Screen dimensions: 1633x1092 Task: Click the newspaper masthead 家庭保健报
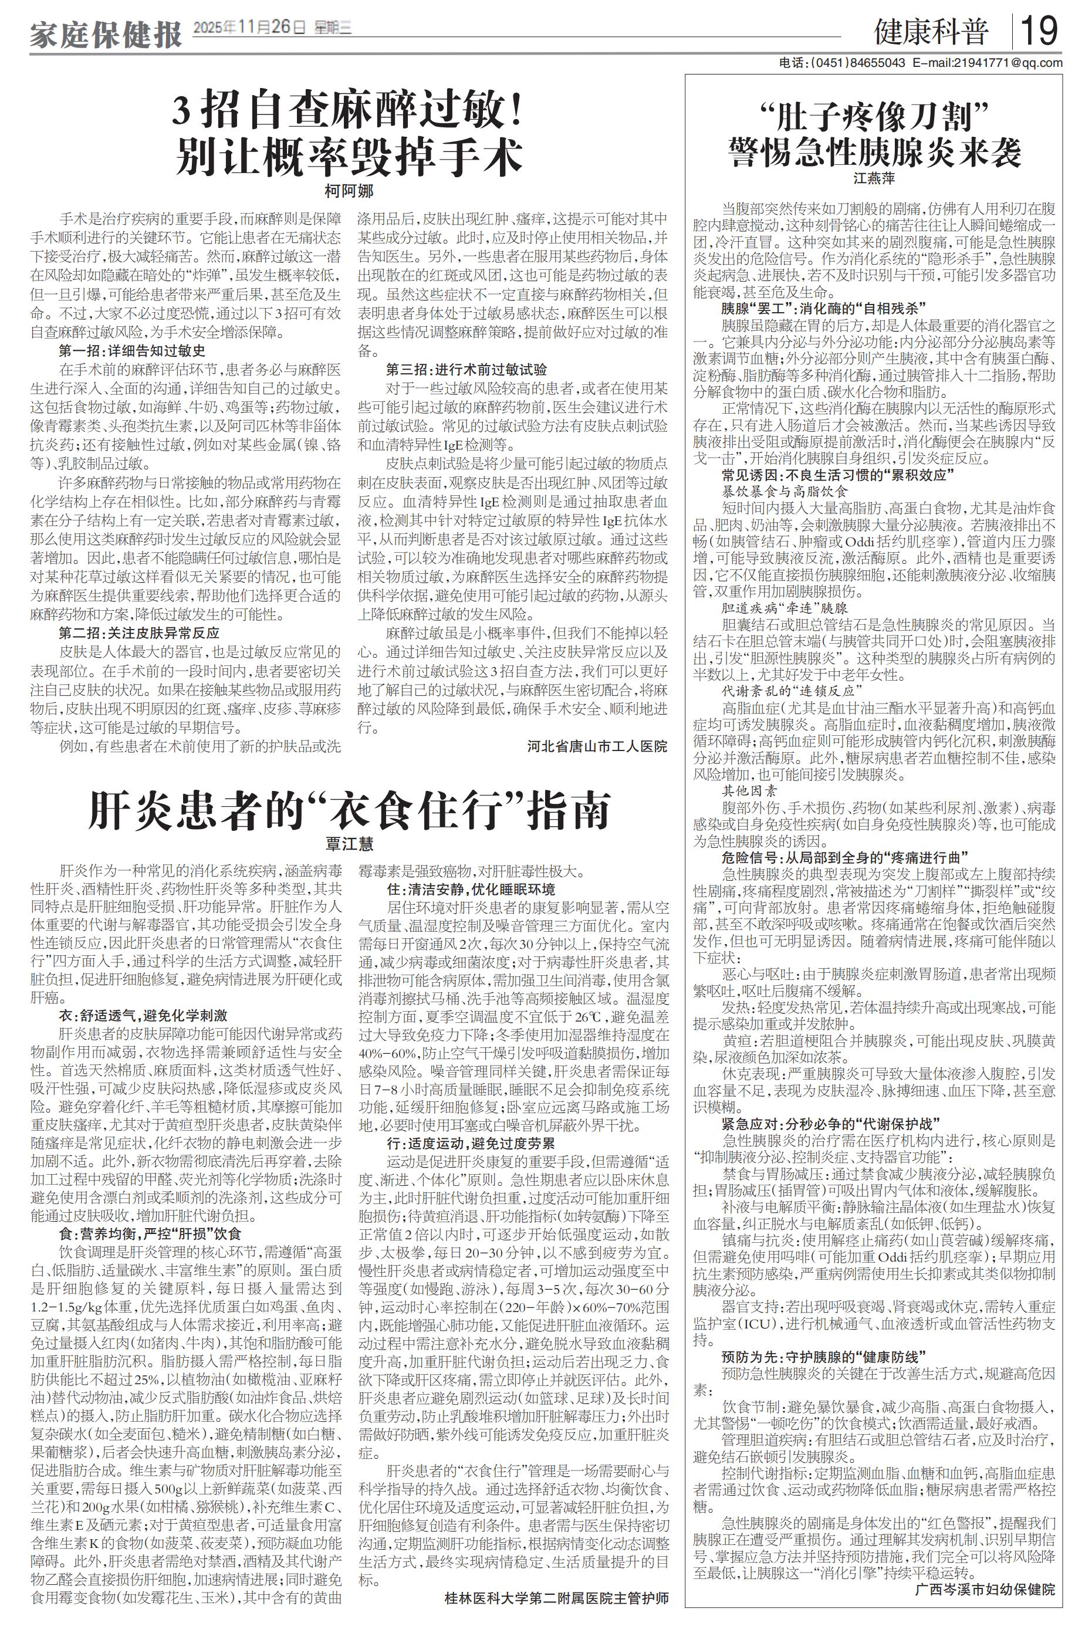point(105,33)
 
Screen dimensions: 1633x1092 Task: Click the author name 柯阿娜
point(349,191)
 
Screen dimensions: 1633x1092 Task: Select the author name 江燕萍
point(874,178)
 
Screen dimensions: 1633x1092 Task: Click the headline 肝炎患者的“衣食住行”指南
point(349,810)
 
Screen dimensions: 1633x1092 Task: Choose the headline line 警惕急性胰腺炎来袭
point(874,151)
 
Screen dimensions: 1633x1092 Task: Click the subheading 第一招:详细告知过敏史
point(133,351)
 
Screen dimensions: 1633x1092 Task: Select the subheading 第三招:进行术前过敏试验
point(466,369)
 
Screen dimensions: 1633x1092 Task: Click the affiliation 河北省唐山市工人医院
point(597,746)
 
